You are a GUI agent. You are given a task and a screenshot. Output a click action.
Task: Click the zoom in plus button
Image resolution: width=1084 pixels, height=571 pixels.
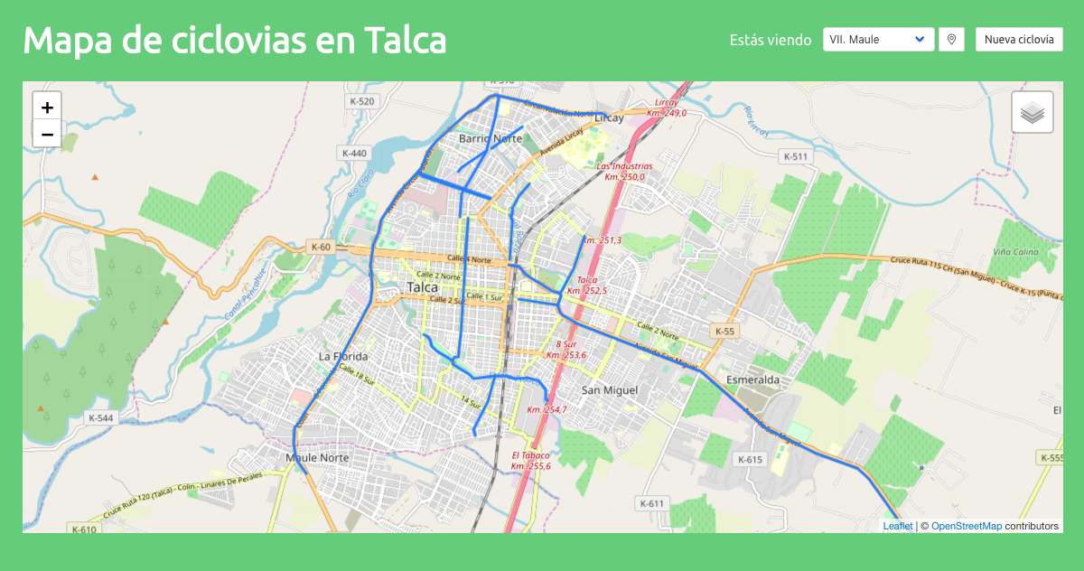[x=48, y=107]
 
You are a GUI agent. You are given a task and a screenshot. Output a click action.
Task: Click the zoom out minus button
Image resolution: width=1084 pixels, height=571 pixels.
[x=48, y=134]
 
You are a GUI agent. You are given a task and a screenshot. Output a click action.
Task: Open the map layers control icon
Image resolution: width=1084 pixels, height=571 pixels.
[x=1033, y=113]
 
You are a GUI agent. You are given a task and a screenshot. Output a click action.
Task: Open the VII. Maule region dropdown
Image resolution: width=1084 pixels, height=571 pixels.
[x=879, y=40]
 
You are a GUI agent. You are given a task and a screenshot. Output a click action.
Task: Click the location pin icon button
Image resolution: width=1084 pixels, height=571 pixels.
[x=951, y=40]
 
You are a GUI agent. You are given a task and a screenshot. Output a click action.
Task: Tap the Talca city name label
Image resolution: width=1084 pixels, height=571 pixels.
[x=423, y=286]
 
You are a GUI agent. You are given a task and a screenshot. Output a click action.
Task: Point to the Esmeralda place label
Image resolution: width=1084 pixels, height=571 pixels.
[x=752, y=380]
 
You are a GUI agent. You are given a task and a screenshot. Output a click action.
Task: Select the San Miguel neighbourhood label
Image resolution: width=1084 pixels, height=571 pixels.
[x=610, y=390]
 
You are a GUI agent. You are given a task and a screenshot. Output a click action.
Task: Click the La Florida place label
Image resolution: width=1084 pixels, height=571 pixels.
[x=343, y=357]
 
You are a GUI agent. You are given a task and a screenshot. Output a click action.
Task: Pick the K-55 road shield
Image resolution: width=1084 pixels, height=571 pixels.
[x=724, y=332]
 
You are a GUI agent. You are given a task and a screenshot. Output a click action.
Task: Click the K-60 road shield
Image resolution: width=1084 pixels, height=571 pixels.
[x=321, y=247]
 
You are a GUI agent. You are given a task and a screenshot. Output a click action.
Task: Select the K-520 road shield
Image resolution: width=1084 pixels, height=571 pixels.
[x=361, y=101]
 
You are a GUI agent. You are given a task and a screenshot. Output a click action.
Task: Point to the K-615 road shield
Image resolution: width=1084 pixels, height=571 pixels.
[x=751, y=460]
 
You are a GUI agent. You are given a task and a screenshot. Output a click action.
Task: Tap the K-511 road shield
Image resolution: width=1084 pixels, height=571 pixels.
[x=795, y=156]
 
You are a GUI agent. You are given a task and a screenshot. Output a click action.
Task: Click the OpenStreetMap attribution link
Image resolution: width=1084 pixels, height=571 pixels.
[x=966, y=526]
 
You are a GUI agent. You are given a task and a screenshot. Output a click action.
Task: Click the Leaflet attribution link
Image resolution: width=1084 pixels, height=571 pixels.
[x=897, y=526]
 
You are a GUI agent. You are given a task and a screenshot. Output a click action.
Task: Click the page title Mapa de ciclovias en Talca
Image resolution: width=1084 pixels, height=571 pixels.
[x=235, y=41]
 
